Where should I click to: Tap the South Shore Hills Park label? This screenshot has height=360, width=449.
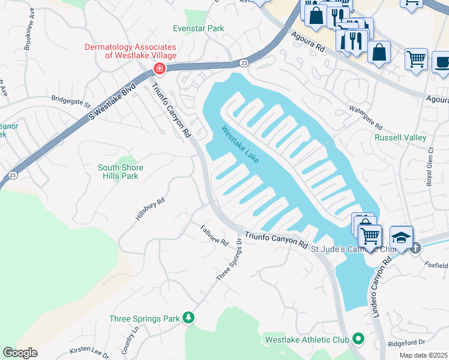tap(118, 172)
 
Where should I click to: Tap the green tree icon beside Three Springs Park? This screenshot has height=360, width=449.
tap(188, 317)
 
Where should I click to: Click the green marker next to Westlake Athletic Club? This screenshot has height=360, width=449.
tap(359, 340)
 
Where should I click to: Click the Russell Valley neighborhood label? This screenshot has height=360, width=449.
tap(400, 137)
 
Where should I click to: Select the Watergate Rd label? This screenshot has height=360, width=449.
tap(366, 118)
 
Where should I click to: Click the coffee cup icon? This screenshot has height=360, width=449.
tap(442, 62)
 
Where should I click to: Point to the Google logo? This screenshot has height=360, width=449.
tap(20, 353)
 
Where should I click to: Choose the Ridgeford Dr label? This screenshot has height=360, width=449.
tap(406, 343)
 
